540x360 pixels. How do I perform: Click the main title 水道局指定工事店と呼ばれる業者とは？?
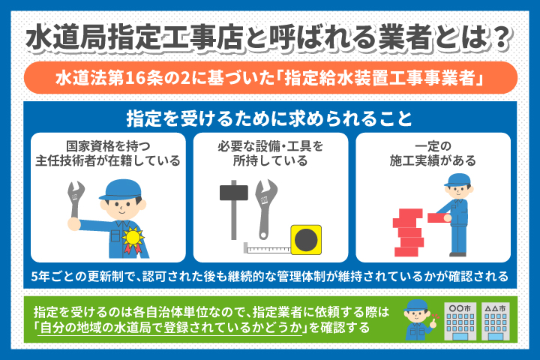coord(269,37)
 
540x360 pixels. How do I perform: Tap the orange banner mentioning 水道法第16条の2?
coord(269,78)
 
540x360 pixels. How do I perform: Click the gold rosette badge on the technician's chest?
coord(133,238)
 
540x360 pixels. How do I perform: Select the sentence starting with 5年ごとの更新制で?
coord(269,275)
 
